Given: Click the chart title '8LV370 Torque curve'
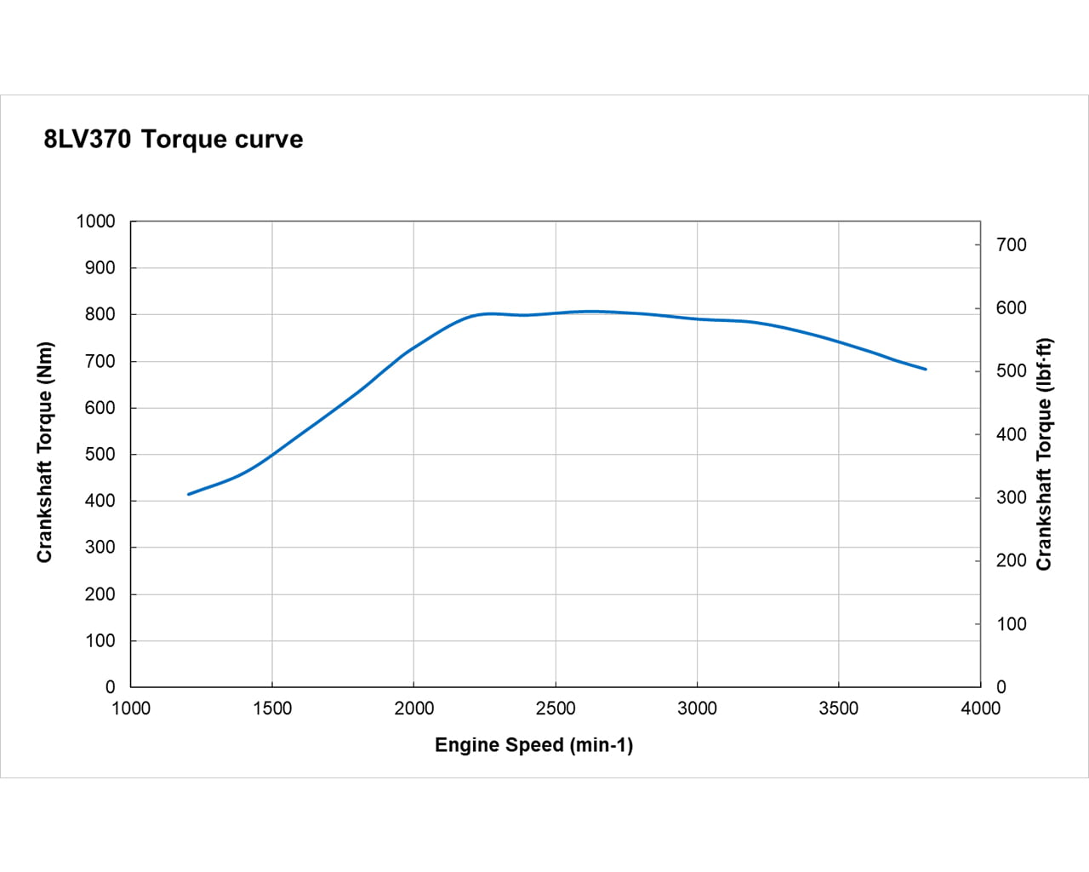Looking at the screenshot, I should coord(174,139).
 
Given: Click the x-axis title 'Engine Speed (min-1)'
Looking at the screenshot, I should coord(533,745).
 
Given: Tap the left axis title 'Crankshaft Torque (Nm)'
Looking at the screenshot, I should coord(45,452).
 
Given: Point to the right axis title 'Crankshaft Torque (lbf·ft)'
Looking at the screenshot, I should coord(1044,454).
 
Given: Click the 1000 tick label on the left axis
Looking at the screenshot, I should coord(95,221).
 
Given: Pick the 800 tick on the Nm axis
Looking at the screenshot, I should coord(100,314).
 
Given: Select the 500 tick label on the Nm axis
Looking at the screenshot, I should coord(100,454).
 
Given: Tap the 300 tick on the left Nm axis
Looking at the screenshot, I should coord(100,548).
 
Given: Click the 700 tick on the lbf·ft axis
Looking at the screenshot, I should coord(1012,244).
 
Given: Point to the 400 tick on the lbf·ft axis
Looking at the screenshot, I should coord(1012,434).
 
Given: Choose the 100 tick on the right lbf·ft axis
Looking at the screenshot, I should coord(1012,624).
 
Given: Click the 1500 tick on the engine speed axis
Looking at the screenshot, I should coord(272,708).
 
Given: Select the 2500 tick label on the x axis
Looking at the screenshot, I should coord(556,708).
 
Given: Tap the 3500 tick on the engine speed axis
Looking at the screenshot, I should coord(839,708).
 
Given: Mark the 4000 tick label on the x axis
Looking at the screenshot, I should coord(980,708).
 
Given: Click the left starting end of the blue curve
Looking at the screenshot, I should coord(189,494).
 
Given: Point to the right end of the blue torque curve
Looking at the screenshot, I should coord(925,369).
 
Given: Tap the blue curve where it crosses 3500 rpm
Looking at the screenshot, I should coord(839,342).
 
